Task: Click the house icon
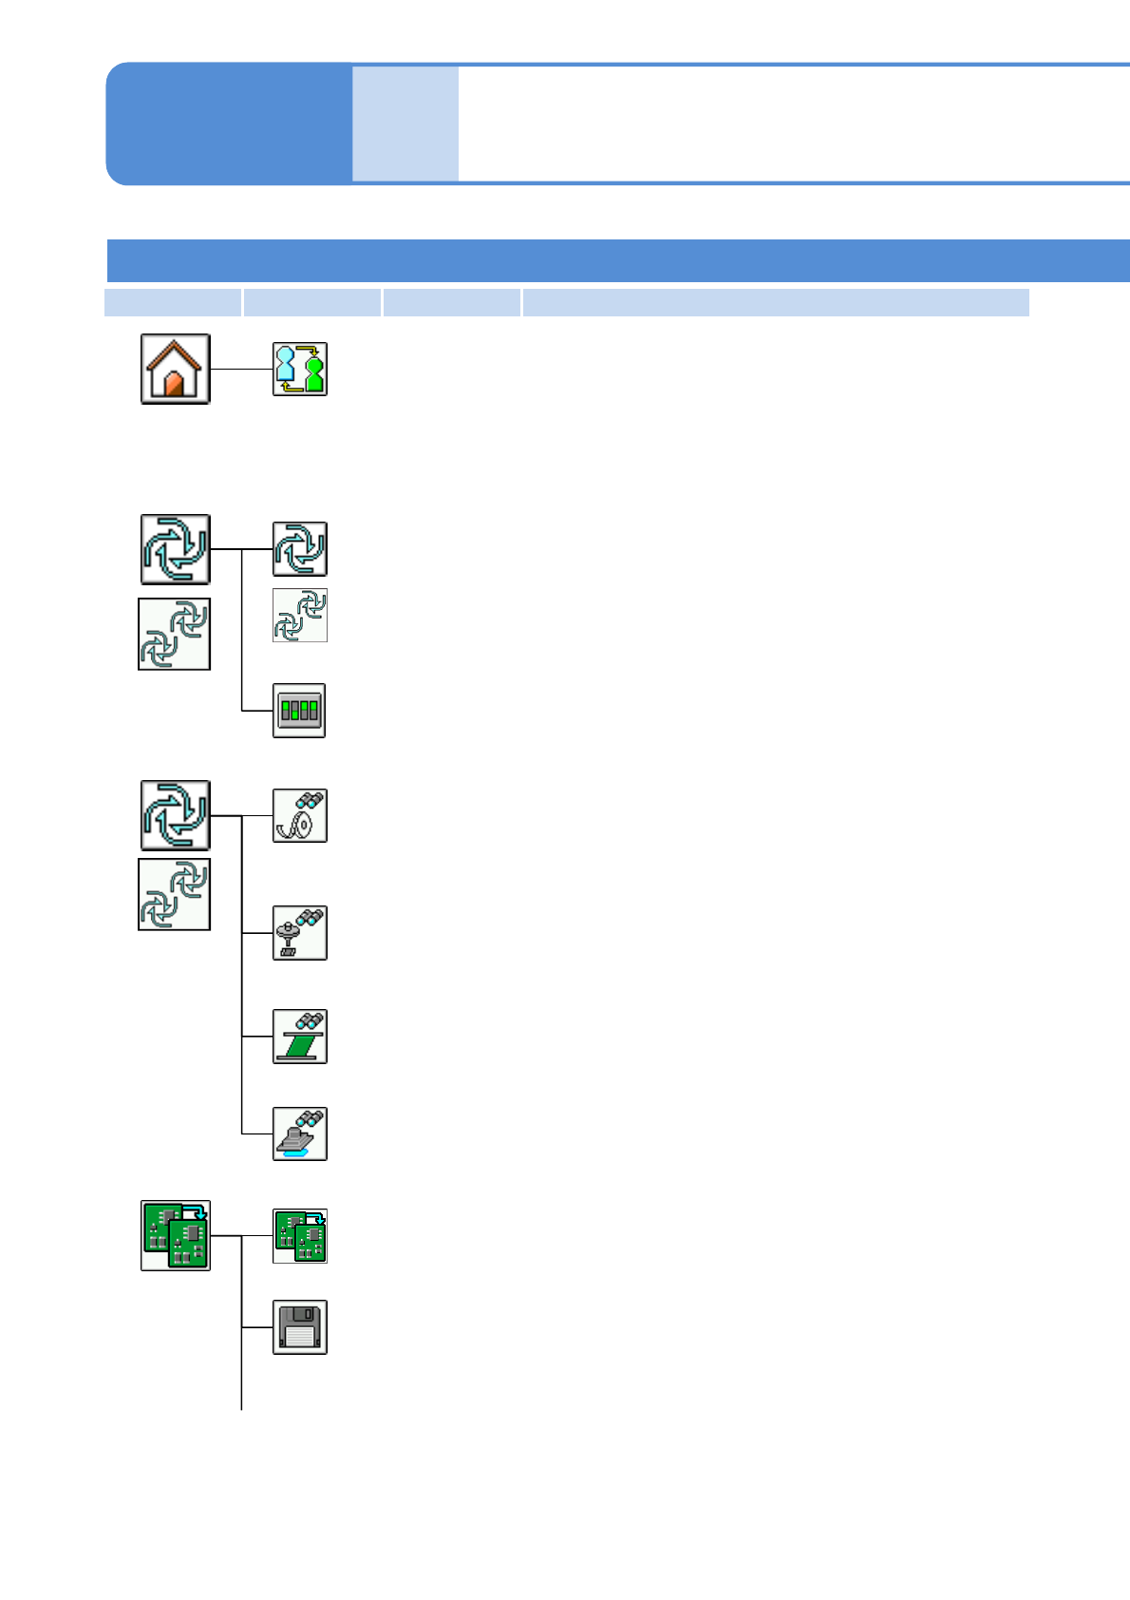[x=176, y=369]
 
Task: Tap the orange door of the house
[x=174, y=385]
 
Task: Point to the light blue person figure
[x=285, y=367]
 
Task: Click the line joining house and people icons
[x=241, y=369]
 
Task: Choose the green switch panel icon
[x=300, y=711]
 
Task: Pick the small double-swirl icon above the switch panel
[x=300, y=615]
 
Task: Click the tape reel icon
[x=300, y=815]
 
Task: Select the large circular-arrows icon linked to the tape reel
[x=176, y=815]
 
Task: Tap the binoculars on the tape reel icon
[x=310, y=800]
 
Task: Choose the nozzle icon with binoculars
[x=300, y=933]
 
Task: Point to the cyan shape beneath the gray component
[x=296, y=1152]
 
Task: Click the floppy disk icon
[x=300, y=1327]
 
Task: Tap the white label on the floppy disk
[x=299, y=1337]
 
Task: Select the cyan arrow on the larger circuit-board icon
[x=195, y=1211]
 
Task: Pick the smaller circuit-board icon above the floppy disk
[x=300, y=1236]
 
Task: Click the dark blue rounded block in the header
[x=229, y=124]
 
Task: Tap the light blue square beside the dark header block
[x=405, y=124]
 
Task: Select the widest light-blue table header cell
[x=776, y=302]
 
